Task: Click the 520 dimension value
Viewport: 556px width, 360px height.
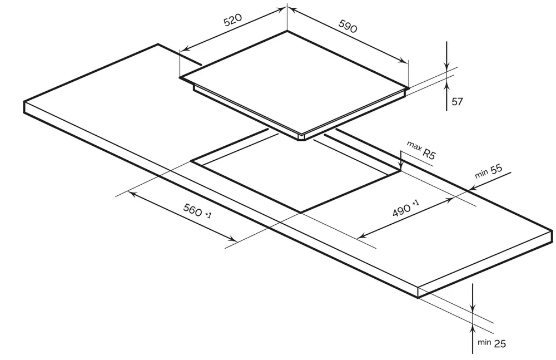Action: click(x=233, y=20)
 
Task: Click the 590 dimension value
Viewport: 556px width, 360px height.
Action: click(x=348, y=26)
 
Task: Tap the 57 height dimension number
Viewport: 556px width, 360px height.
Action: click(x=457, y=101)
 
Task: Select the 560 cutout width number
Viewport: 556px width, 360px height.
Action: click(x=192, y=209)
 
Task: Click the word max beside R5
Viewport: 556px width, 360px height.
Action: click(x=414, y=146)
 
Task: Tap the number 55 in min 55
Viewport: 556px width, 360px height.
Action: click(x=497, y=169)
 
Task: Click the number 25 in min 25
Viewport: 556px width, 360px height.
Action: click(x=500, y=344)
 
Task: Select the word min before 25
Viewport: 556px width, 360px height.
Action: click(x=484, y=342)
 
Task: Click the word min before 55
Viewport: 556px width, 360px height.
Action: click(x=481, y=174)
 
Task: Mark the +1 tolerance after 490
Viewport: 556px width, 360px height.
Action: click(x=415, y=203)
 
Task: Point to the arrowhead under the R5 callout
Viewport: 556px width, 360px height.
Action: click(x=401, y=166)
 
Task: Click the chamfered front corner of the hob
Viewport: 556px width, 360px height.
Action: click(x=302, y=137)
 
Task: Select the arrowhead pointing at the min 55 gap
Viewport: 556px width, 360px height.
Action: click(x=472, y=188)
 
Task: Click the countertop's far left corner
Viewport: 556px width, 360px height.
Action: click(x=24, y=101)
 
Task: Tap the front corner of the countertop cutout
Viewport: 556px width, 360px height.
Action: click(x=301, y=213)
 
